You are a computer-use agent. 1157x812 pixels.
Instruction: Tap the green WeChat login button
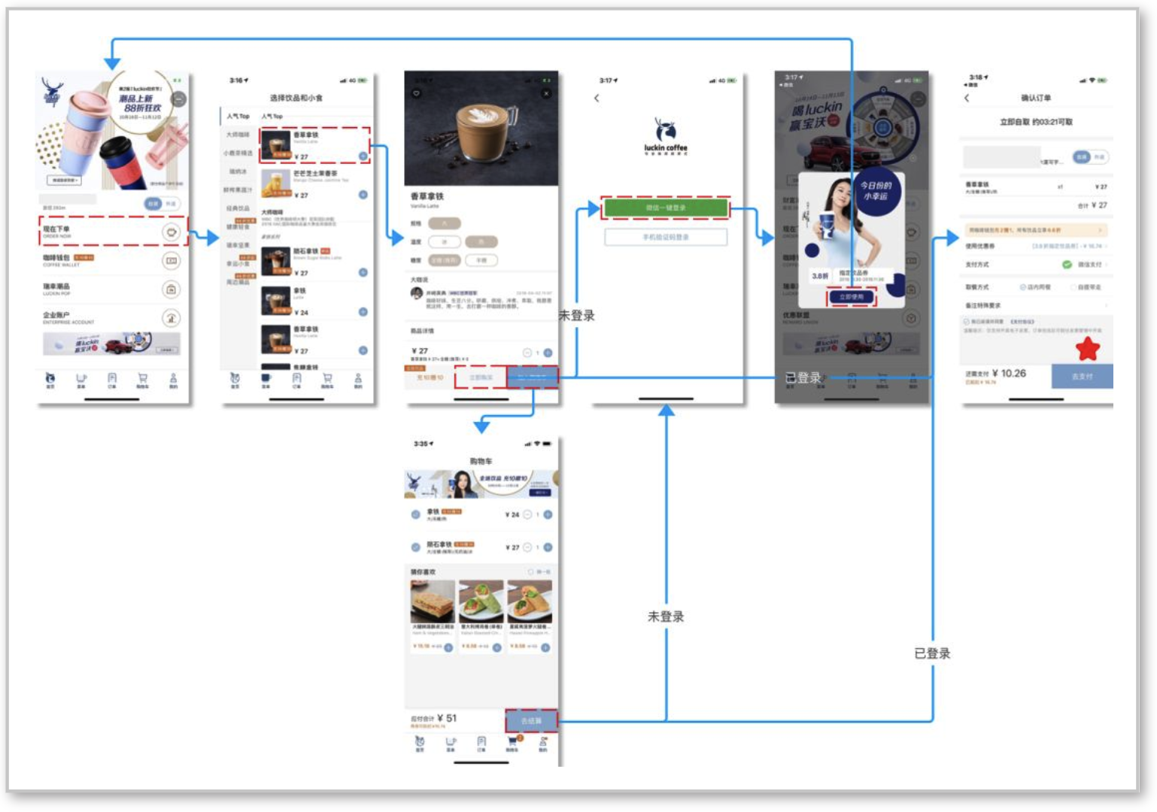tap(665, 208)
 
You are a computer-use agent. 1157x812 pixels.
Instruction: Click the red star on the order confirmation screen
tap(1088, 348)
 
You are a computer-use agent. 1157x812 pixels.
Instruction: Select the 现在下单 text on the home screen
tap(56, 229)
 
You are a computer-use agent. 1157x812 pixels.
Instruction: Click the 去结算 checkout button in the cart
tap(531, 720)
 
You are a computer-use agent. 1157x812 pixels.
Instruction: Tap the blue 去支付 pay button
tap(1082, 376)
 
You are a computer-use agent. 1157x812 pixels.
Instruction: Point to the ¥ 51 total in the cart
tap(447, 718)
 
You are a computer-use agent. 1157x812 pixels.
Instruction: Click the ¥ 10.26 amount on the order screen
tap(1009, 373)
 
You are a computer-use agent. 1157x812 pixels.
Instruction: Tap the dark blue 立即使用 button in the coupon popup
tap(852, 297)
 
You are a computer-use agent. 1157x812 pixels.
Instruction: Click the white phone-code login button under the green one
tap(666, 237)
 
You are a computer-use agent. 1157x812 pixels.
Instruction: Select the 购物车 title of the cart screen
tap(481, 461)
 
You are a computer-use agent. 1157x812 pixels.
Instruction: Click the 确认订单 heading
tap(1036, 98)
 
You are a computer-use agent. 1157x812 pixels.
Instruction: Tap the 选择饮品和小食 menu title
tap(296, 98)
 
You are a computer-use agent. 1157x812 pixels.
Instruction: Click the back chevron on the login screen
tap(597, 98)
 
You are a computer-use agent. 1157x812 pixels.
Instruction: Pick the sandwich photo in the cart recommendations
tap(432, 601)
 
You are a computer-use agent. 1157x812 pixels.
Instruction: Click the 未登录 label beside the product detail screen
tap(576, 316)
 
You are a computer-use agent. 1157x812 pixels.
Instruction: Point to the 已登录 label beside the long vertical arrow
tap(932, 653)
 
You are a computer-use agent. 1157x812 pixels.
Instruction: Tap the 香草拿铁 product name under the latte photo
tap(427, 196)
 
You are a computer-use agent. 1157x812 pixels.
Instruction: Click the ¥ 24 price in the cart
tap(512, 515)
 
